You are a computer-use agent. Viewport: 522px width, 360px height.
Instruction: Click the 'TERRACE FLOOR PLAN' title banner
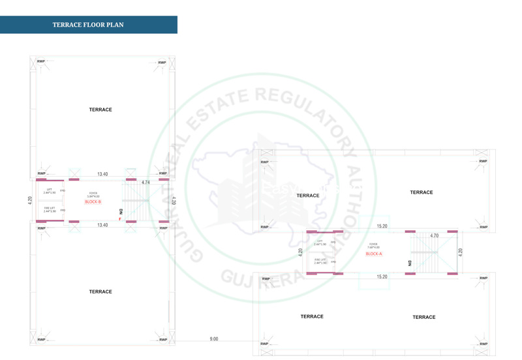(88, 25)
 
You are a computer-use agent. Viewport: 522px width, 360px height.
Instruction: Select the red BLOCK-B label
(93, 202)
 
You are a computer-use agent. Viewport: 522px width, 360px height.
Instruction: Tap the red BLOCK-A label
(373, 254)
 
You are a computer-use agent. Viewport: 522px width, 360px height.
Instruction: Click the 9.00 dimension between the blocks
(214, 339)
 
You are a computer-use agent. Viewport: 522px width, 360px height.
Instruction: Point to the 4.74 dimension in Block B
(146, 183)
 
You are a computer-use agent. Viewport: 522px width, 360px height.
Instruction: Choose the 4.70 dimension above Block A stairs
(434, 235)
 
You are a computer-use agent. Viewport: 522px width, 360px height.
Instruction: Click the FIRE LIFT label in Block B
(50, 209)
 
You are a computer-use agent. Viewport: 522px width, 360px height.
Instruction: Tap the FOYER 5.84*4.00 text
(93, 195)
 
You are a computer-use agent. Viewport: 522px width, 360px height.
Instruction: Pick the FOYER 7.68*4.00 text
(373, 247)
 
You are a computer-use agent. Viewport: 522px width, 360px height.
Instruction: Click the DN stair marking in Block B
(121, 212)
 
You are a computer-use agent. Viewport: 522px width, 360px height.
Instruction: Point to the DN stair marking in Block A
(410, 263)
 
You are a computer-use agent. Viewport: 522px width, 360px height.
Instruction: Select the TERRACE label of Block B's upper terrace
(100, 110)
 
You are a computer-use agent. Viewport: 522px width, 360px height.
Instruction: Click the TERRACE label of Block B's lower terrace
(100, 292)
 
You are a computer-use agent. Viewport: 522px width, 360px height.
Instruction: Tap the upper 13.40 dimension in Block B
(102, 174)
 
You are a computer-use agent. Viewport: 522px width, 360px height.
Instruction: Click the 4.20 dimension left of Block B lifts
(29, 201)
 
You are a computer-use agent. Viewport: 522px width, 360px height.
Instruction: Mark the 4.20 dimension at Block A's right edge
(461, 251)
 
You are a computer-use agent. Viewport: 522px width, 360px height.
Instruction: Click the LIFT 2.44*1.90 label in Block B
(50, 191)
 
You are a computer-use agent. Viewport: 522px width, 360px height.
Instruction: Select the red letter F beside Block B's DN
(119, 219)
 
